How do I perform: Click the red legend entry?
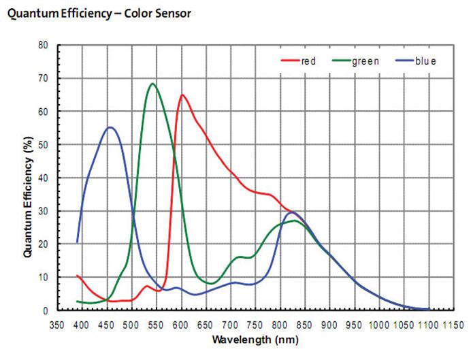coord(299,61)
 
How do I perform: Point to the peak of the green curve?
coord(152,84)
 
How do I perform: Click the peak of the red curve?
coord(182,95)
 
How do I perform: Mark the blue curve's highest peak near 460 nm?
coord(110,127)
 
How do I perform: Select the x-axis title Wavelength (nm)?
coord(254,340)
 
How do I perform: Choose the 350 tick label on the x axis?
coord(57,324)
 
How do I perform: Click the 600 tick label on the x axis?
coord(181,324)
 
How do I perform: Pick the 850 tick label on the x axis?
coord(305,324)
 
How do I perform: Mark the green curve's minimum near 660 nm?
coord(211,283)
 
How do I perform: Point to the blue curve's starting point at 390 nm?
coord(78,242)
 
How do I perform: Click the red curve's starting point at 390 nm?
coord(78,276)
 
